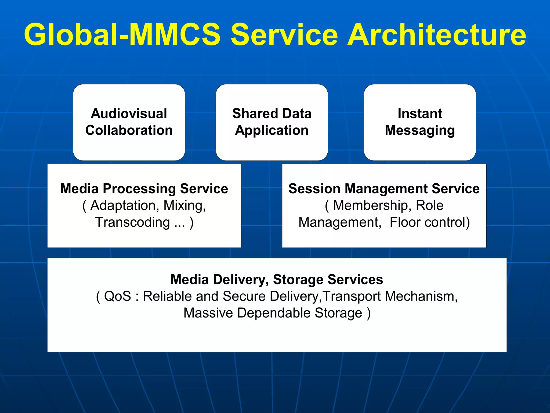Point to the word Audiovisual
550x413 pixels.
point(129,113)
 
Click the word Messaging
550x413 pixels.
point(420,131)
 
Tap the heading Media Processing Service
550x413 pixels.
point(144,188)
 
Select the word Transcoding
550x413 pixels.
point(133,222)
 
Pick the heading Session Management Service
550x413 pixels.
point(384,188)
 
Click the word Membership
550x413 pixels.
point(371,205)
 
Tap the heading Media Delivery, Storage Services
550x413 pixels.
point(277,279)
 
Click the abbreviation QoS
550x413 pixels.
point(117,296)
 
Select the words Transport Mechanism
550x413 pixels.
point(389,296)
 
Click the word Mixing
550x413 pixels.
point(184,205)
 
